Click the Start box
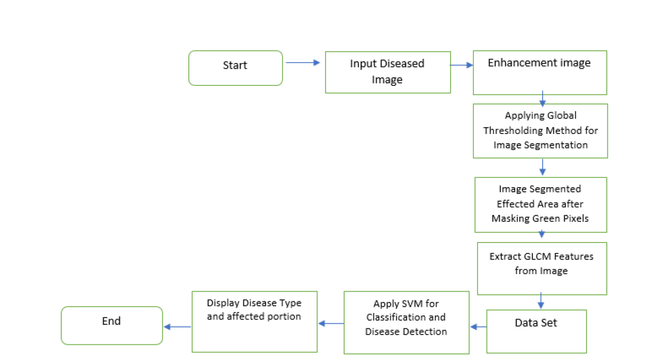[x=235, y=68]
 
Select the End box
[x=112, y=325]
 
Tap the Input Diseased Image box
[x=388, y=72]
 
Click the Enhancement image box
[x=540, y=72]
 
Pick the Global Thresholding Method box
[x=540, y=131]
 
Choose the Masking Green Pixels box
[x=540, y=204]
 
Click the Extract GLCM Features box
[x=542, y=269]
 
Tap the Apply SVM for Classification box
[x=406, y=322]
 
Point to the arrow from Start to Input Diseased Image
[x=303, y=62]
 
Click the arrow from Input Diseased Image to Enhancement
[x=461, y=64]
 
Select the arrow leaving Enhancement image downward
[x=542, y=99]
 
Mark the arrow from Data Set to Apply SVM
[x=478, y=326]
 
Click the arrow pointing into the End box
[x=177, y=327]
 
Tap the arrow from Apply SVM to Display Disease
[x=330, y=323]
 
